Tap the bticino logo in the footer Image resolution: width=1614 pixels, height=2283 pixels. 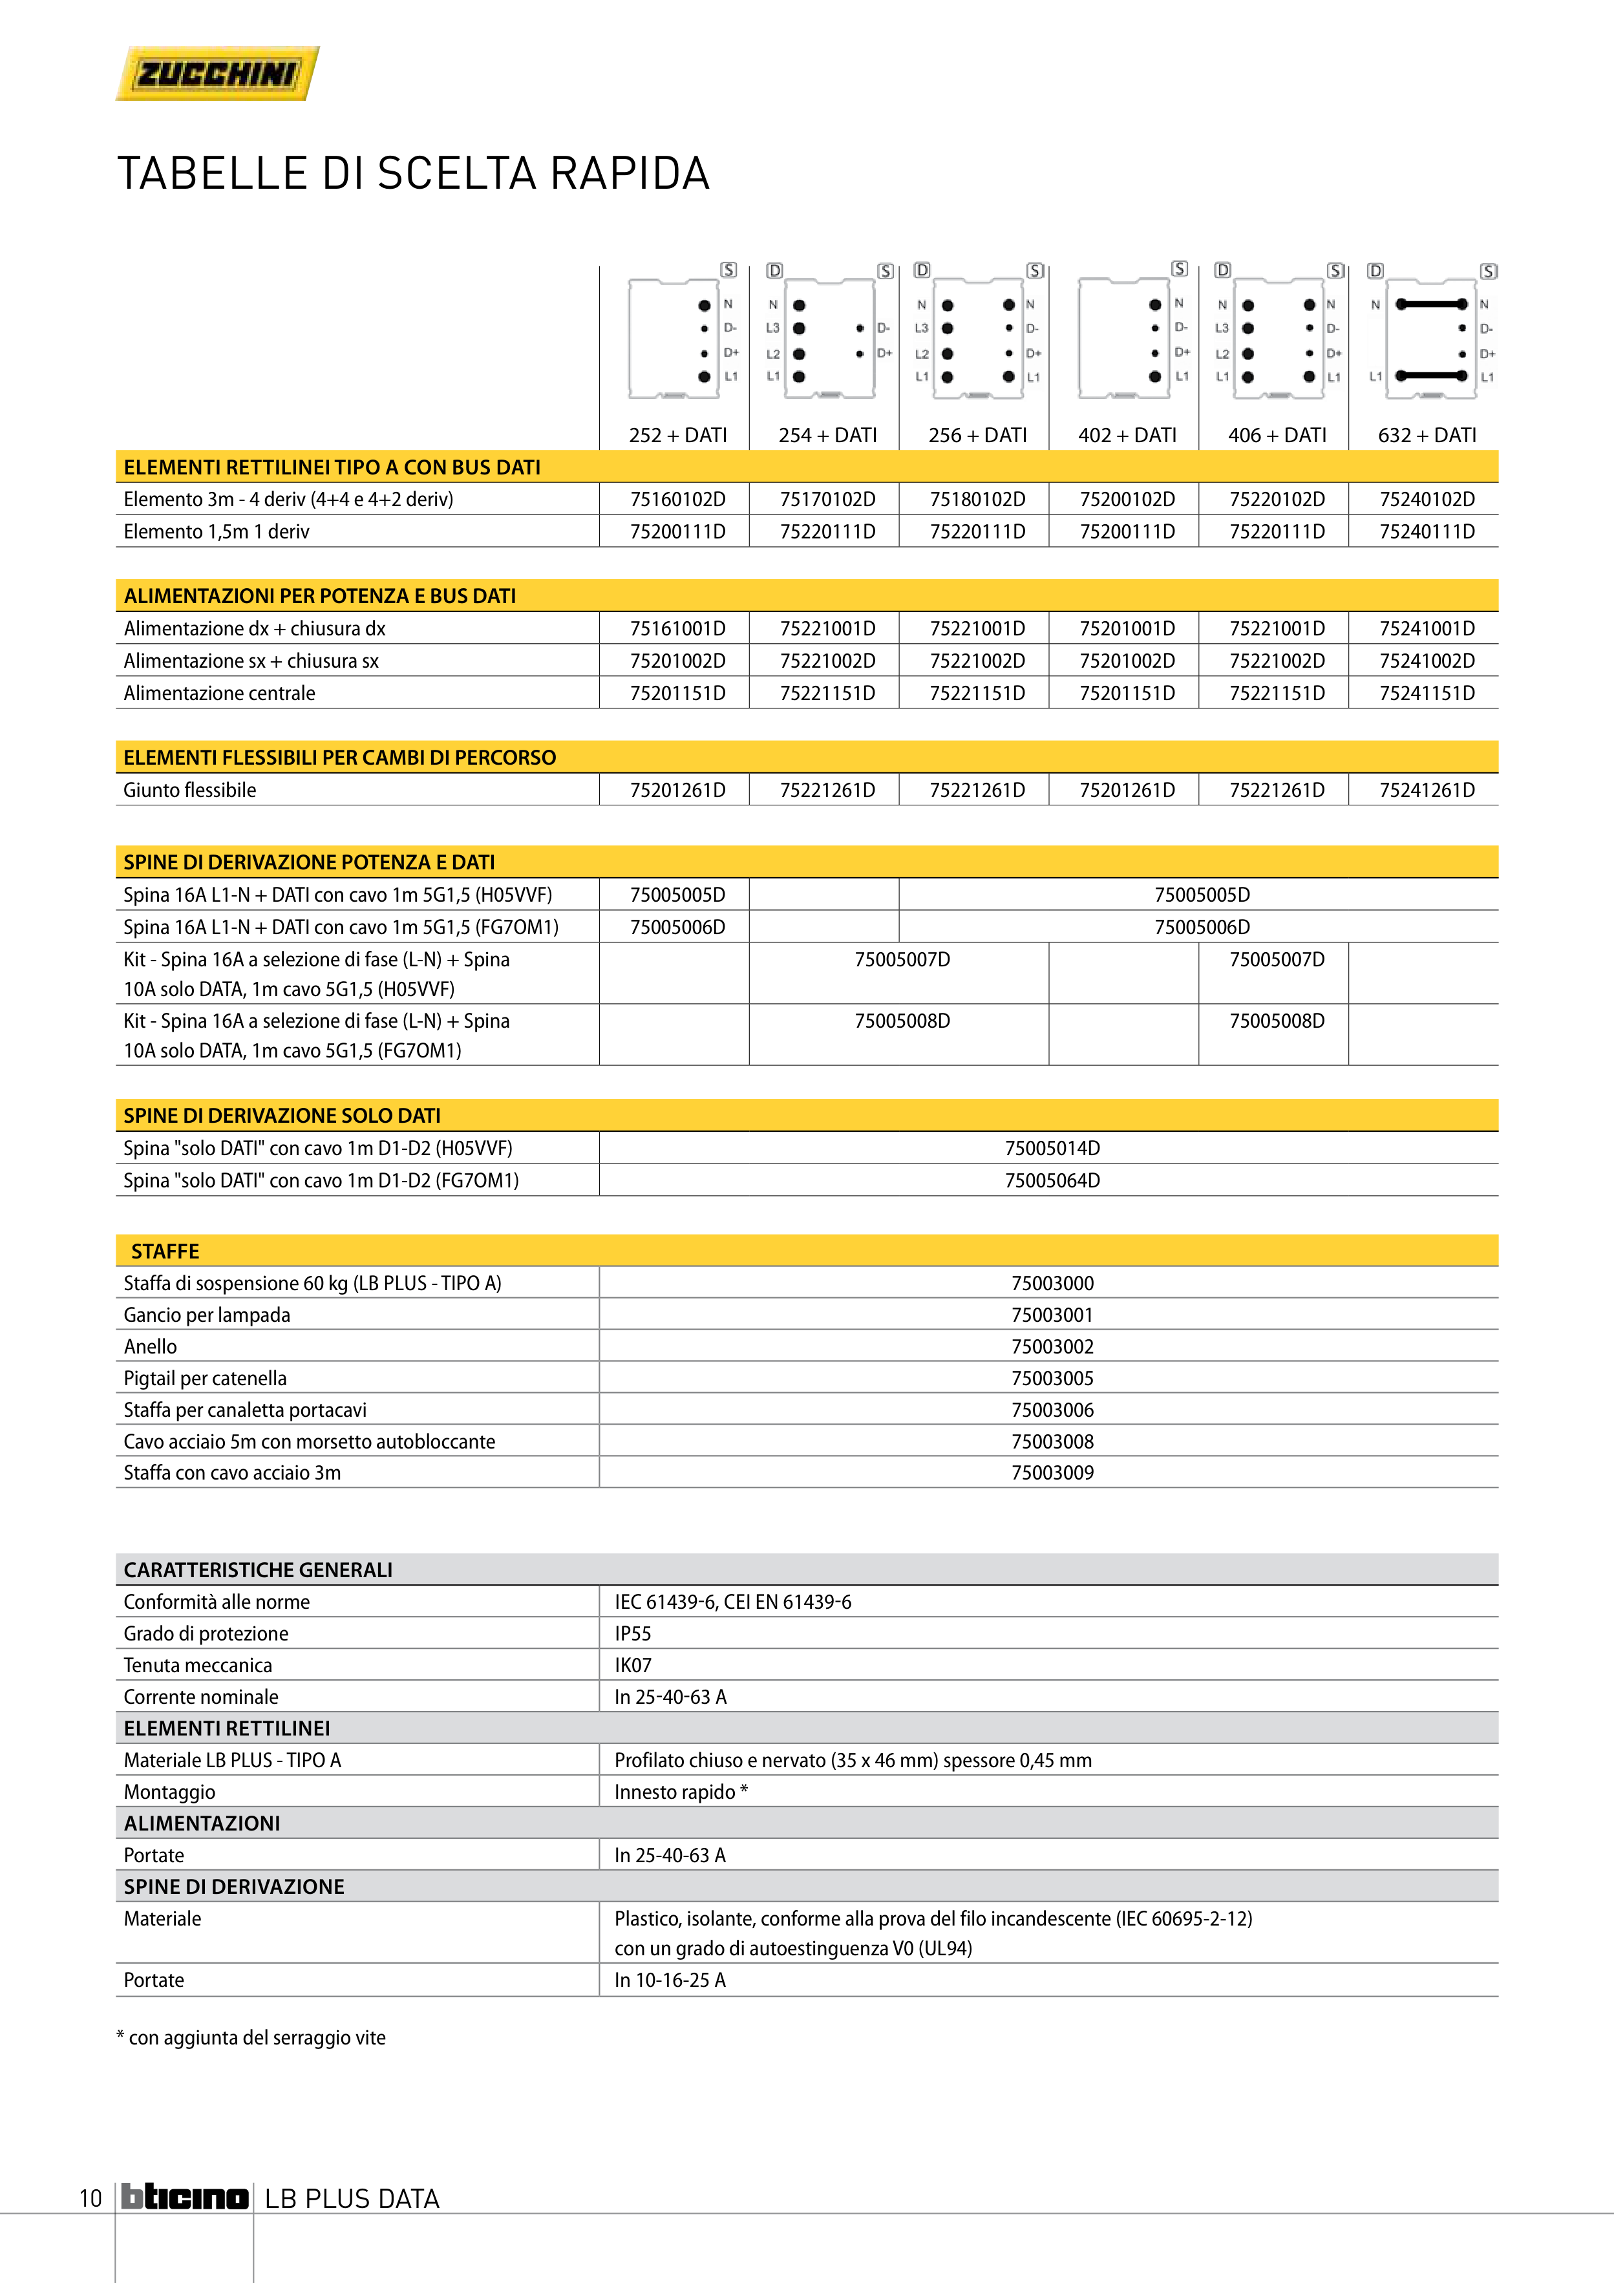pos(185,2198)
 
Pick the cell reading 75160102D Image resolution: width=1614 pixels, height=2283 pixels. pos(677,499)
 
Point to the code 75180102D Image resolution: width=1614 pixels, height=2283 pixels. pos(977,499)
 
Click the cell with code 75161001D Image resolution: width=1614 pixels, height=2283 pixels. pos(677,628)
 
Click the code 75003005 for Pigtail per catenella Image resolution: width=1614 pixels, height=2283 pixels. pos(1052,1378)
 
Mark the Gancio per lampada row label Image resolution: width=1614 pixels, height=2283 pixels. pos(207,1315)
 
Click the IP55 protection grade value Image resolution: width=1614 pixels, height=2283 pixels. pos(632,1633)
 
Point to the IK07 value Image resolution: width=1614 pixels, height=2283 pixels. pos(632,1666)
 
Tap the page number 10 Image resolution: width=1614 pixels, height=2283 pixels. pos(90,2198)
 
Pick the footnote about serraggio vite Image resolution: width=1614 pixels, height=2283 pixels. pos(251,2037)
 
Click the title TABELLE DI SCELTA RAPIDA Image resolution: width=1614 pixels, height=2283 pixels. pos(414,174)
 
